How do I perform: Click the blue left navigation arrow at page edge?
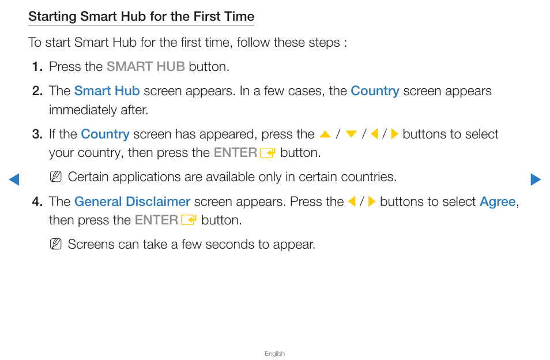14,179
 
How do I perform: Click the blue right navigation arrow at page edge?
536,179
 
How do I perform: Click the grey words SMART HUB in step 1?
145,66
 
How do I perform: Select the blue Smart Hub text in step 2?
107,91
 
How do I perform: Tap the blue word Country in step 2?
375,91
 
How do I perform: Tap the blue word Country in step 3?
106,134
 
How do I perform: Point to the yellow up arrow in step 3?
325,134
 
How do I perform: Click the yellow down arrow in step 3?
351,134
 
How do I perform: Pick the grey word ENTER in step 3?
235,153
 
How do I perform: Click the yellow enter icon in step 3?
268,153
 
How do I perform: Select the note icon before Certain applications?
56,177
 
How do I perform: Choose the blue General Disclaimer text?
132,201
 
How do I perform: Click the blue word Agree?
498,202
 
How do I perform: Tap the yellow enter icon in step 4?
189,220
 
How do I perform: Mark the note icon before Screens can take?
56,244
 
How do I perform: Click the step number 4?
37,202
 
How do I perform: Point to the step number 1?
37,67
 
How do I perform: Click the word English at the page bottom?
274,354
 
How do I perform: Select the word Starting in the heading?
52,17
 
